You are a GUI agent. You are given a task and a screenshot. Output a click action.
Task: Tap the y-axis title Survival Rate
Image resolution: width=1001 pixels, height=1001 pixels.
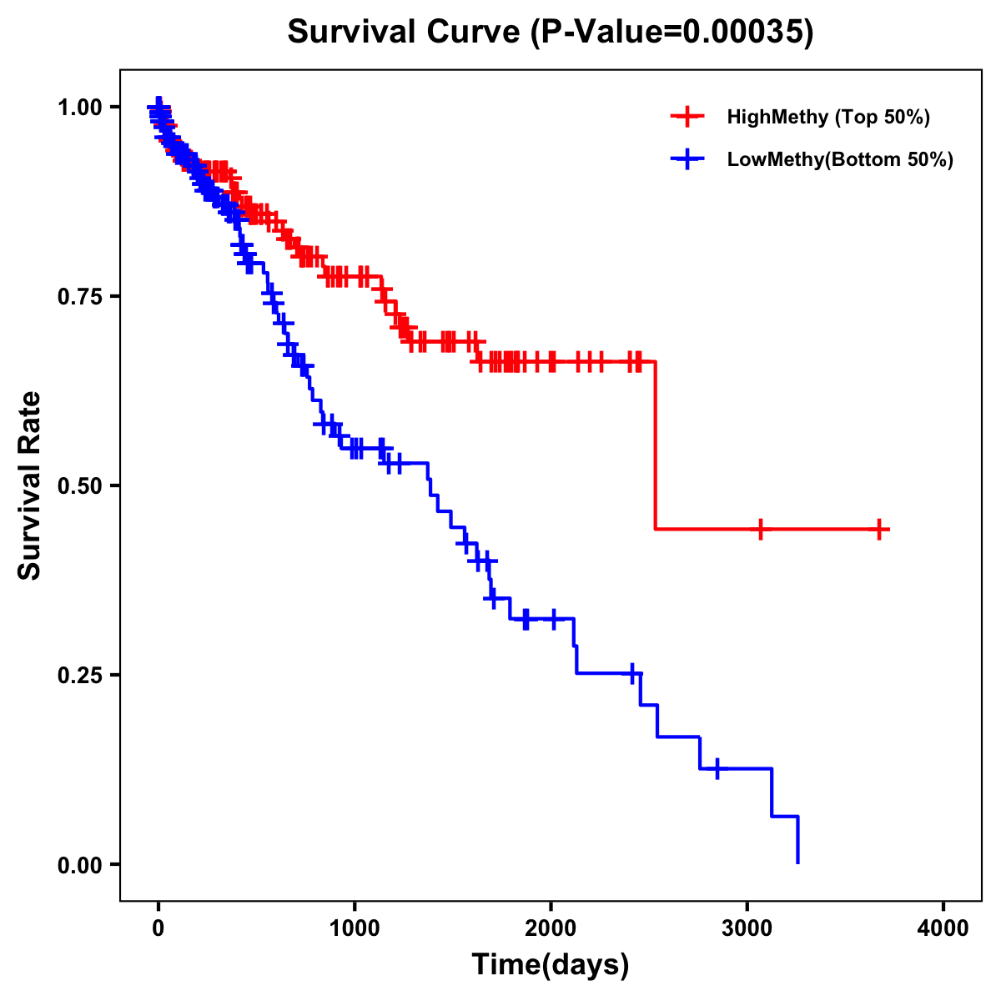pos(30,485)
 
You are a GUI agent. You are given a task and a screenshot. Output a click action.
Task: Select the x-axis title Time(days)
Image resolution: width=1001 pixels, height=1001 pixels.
pos(551,964)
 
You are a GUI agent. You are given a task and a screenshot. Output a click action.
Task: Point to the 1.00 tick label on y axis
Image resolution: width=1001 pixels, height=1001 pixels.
pos(80,107)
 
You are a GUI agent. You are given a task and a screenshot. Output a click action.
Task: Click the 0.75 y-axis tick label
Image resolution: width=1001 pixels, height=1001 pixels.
pos(80,296)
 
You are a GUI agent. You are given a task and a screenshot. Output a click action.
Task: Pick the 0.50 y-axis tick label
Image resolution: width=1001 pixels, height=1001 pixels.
pos(80,485)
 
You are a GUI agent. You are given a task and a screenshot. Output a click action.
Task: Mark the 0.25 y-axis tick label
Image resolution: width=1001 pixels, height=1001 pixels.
pos(80,675)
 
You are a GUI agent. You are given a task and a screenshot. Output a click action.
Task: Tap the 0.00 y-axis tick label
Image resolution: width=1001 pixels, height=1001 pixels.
pos(80,864)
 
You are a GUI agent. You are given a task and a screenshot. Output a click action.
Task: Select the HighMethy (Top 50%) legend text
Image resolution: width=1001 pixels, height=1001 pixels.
pos(828,117)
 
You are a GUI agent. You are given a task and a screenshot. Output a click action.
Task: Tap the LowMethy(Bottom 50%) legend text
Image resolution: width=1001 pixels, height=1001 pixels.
pos(840,159)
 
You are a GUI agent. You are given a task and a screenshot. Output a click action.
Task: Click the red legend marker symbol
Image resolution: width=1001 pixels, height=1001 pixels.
pos(687,117)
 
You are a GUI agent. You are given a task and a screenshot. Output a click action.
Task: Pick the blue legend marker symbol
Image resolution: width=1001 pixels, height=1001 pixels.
pos(687,159)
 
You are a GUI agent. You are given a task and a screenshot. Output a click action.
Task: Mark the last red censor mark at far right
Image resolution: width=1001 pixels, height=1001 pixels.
pos(879,529)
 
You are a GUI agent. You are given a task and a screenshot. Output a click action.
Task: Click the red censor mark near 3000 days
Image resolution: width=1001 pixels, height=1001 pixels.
pos(760,529)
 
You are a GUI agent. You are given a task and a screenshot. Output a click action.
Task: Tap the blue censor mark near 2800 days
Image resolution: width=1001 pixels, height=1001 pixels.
pos(717,768)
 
